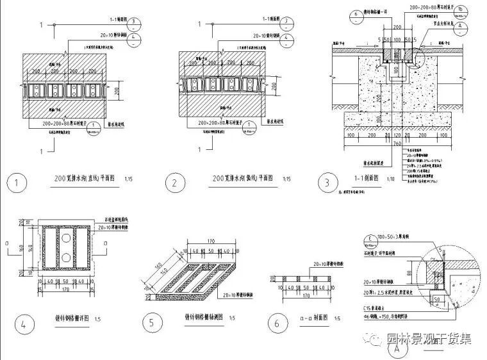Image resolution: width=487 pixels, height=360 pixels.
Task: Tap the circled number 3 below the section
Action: (327, 183)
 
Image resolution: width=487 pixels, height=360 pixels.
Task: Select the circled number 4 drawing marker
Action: (24, 323)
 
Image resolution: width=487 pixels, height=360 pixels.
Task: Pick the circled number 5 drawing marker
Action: (152, 323)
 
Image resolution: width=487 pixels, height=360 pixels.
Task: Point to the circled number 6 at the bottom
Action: (277, 323)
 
